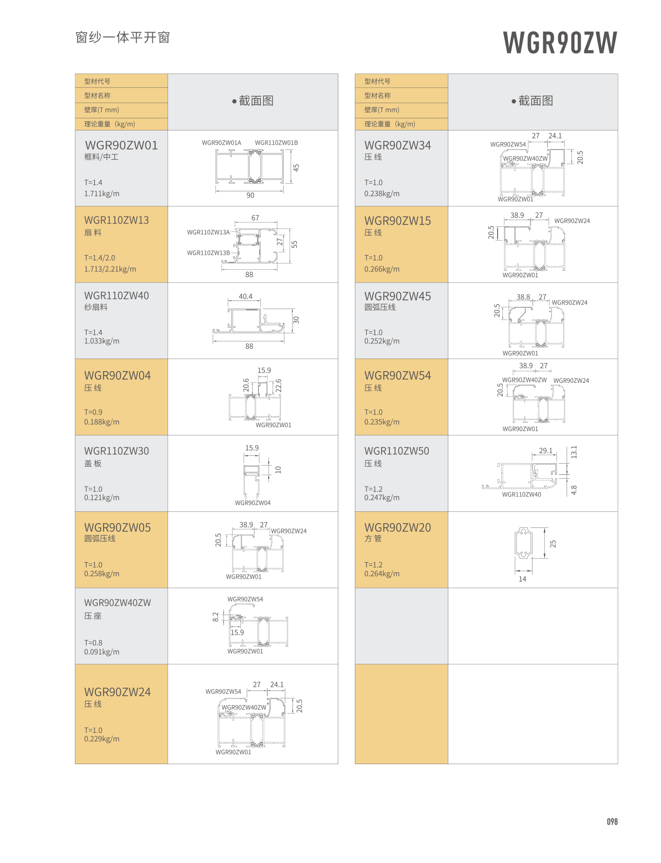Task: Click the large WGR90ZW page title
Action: click(x=560, y=42)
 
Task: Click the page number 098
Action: click(x=612, y=822)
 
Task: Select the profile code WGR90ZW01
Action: click(x=121, y=145)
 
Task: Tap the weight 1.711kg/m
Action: click(x=102, y=193)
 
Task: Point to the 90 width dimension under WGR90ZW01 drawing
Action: click(x=250, y=195)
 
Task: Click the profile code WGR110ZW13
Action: click(x=116, y=220)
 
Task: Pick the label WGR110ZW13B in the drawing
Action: click(x=208, y=253)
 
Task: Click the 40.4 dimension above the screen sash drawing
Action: click(x=245, y=296)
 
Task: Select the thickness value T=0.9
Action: click(x=93, y=412)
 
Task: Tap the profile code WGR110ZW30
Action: click(x=116, y=451)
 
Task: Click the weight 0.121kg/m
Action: click(x=102, y=498)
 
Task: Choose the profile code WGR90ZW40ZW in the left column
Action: click(x=117, y=602)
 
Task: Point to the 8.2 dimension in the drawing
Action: click(x=216, y=617)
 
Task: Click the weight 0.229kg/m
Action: click(x=102, y=739)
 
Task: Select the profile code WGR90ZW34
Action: click(x=398, y=145)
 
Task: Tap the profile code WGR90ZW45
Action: click(x=398, y=296)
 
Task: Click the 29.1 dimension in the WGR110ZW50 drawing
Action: click(x=546, y=450)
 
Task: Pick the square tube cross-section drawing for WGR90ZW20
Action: click(x=523, y=543)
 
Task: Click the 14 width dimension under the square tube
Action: click(x=522, y=579)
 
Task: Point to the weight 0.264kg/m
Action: click(x=382, y=574)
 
